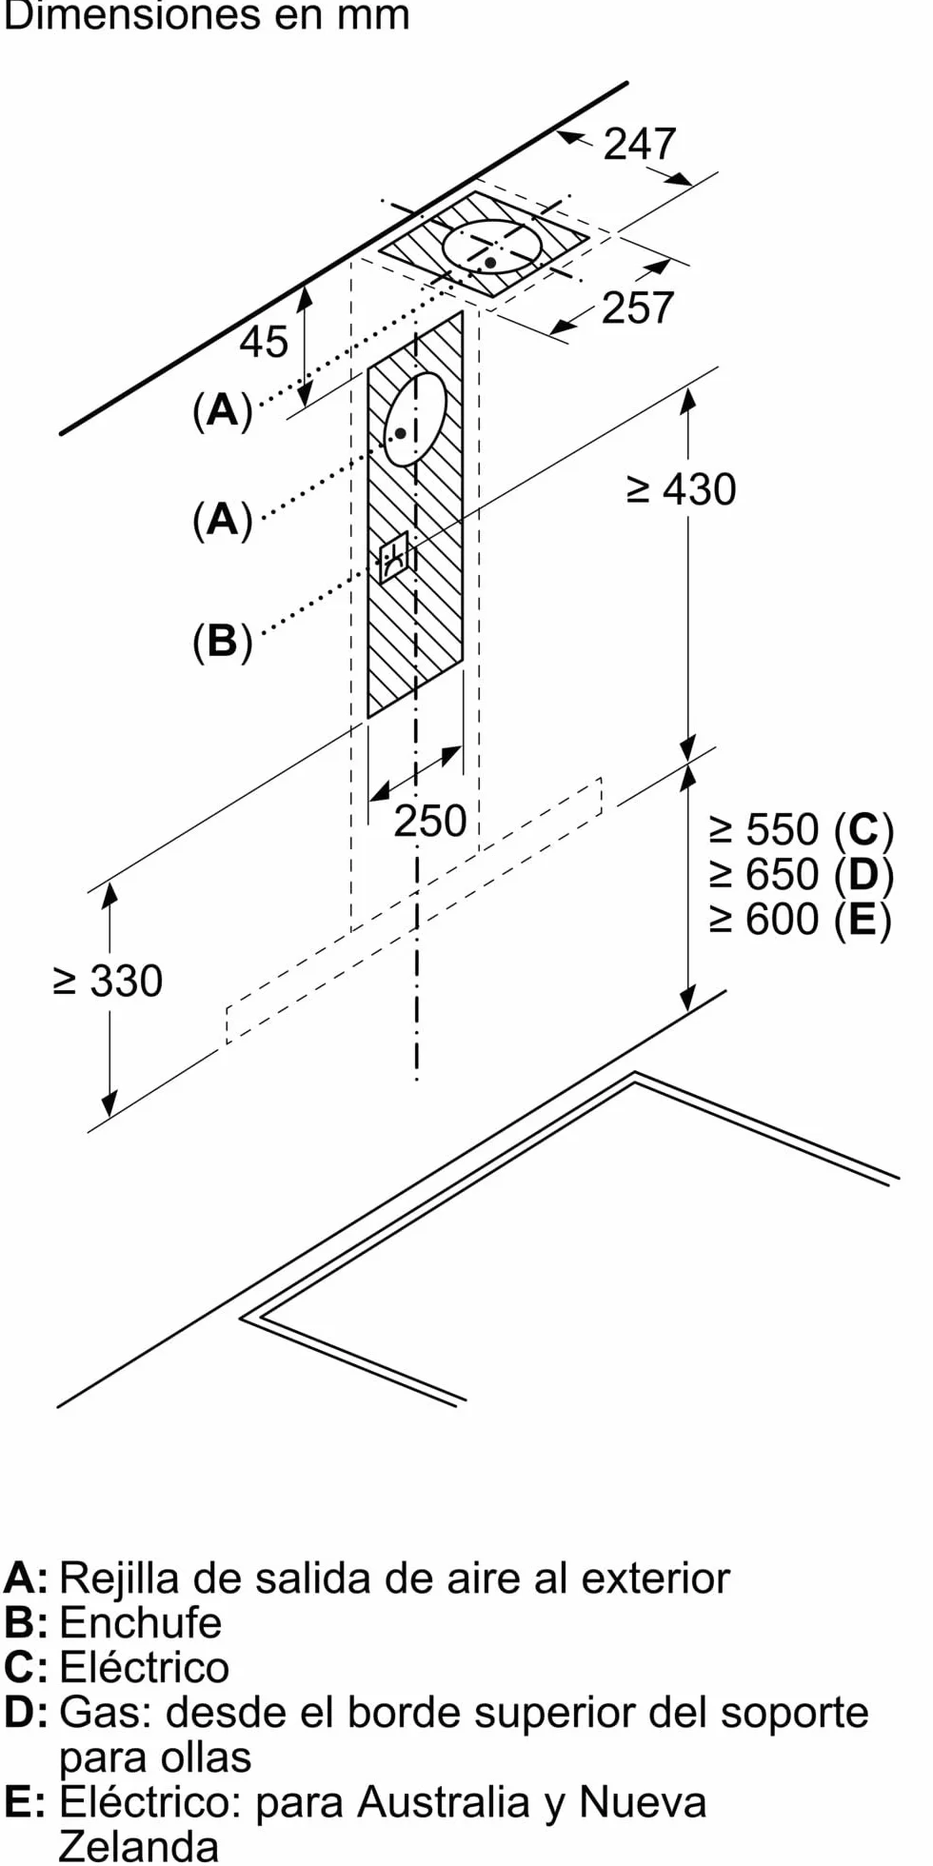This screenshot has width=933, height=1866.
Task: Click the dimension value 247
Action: [640, 144]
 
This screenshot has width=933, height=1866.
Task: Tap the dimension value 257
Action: [638, 308]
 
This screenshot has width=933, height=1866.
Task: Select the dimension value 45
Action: [264, 341]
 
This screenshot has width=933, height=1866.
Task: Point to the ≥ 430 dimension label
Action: [682, 489]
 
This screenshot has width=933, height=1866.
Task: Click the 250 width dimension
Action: [430, 821]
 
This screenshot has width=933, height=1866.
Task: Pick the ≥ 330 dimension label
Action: [109, 981]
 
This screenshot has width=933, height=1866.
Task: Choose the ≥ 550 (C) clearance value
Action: [802, 830]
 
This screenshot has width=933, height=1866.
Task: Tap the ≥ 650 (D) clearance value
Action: [802, 875]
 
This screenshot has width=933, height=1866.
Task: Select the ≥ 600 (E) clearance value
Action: [801, 920]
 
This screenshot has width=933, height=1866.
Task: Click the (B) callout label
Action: [223, 642]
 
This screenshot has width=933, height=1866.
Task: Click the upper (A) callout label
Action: [223, 409]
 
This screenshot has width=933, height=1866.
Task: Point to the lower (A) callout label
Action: [223, 520]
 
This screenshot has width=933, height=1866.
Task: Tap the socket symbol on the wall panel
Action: [394, 557]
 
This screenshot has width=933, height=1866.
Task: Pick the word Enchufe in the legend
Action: [141, 1623]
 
